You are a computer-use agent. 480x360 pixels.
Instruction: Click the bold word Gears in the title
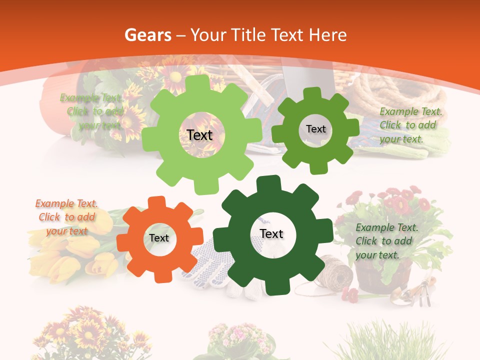tap(147, 35)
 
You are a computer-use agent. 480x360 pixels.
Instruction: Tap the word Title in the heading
tap(246, 35)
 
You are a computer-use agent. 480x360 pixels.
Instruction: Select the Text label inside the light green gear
tap(199, 135)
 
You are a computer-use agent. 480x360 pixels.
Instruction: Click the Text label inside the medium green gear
tap(315, 129)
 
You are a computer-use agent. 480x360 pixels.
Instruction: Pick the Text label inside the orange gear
tap(159, 238)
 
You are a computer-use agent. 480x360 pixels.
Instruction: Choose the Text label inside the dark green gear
tap(271, 233)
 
